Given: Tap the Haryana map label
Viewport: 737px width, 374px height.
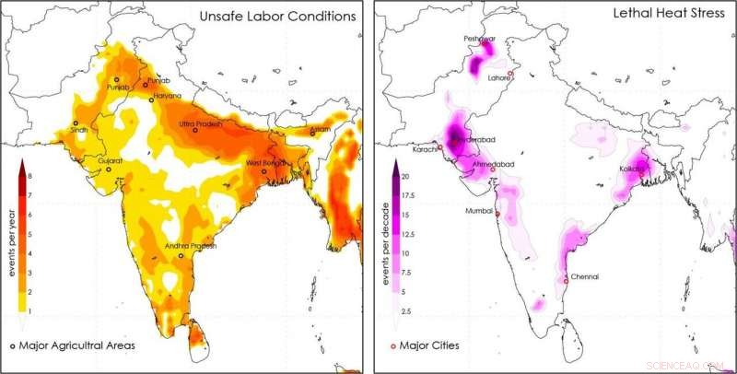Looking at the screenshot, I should tap(167, 96).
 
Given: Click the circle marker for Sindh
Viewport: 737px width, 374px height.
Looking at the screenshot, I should tap(76, 123).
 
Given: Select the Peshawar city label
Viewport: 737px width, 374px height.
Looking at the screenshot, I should tap(479, 40).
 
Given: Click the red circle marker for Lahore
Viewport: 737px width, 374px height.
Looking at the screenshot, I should tap(509, 73).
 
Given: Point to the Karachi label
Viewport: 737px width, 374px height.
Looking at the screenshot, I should tap(425, 148).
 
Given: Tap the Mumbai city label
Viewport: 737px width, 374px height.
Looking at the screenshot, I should tap(479, 212).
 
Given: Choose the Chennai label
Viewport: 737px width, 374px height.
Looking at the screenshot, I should tap(584, 276).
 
